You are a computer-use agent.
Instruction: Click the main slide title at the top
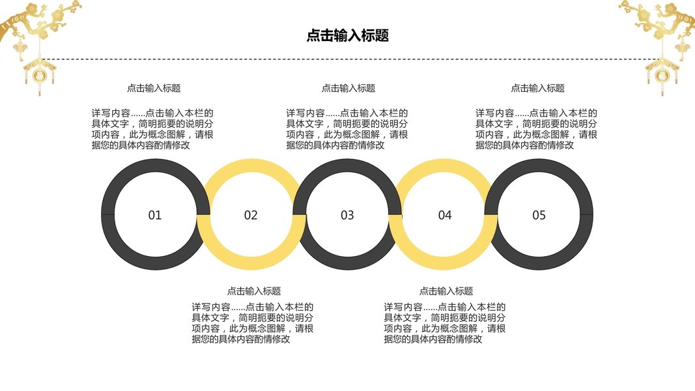click(348, 36)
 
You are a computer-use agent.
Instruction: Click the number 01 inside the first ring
click(154, 215)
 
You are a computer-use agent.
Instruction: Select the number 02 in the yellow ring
click(251, 215)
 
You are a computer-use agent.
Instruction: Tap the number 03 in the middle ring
click(347, 215)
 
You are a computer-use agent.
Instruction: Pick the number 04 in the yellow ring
click(444, 215)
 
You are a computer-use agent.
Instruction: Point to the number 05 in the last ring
click(539, 215)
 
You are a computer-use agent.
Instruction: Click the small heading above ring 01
click(154, 88)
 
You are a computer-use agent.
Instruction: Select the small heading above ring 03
click(348, 88)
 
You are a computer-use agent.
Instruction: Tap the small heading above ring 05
click(537, 88)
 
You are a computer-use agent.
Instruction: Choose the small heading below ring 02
click(254, 291)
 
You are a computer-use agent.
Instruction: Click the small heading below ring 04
click(446, 291)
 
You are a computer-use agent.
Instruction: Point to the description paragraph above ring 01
click(152, 129)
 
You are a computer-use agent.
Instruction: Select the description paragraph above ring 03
click(347, 129)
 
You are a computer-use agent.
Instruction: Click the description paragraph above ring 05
click(536, 129)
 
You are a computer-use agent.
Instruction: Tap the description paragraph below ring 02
click(253, 323)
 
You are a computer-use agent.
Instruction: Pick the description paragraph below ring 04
click(445, 323)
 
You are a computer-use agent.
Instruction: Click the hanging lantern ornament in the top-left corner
click(39, 73)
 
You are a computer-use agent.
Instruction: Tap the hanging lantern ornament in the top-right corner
click(661, 73)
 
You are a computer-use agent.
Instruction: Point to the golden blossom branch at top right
click(658, 20)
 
